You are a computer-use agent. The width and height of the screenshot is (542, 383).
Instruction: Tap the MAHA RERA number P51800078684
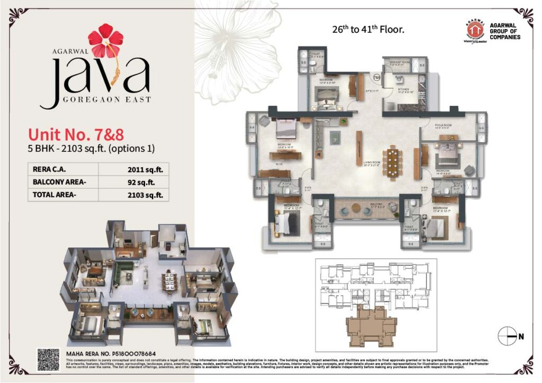tap(118, 352)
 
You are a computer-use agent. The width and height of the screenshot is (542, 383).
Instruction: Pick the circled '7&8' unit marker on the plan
tap(376, 77)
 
